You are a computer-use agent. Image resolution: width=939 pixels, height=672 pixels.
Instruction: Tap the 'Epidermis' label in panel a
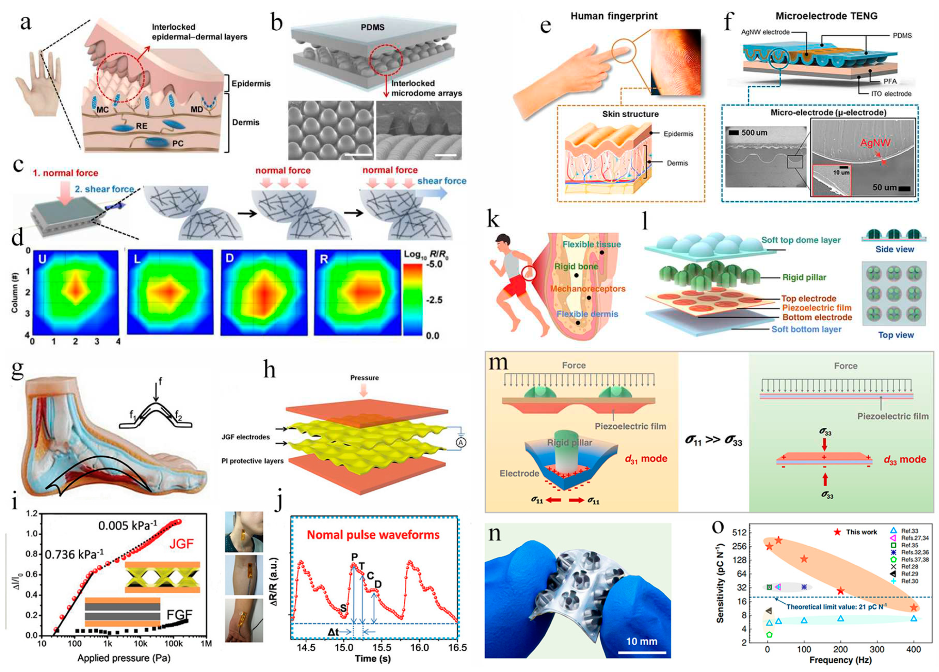[251, 83]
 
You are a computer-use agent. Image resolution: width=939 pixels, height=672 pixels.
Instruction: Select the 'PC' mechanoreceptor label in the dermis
[178, 144]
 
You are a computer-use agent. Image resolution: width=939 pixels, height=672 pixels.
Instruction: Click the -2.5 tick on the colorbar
[434, 300]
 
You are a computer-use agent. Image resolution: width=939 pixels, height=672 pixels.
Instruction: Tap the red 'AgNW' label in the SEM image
[875, 143]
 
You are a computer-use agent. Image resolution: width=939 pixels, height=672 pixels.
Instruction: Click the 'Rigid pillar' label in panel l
[804, 277]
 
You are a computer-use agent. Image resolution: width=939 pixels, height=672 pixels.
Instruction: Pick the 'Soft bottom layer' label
[806, 329]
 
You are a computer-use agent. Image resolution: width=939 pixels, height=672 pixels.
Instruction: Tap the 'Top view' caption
[896, 335]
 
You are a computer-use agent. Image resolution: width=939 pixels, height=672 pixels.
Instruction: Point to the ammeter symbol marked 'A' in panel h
[460, 442]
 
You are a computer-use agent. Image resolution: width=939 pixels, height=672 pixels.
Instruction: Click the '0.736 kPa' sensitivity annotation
[74, 554]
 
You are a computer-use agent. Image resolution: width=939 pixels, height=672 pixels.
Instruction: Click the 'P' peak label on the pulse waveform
[354, 557]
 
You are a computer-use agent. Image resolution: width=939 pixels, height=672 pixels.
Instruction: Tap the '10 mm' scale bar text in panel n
[641, 641]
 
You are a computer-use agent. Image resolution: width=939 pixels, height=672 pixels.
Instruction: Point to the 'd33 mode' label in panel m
[904, 460]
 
